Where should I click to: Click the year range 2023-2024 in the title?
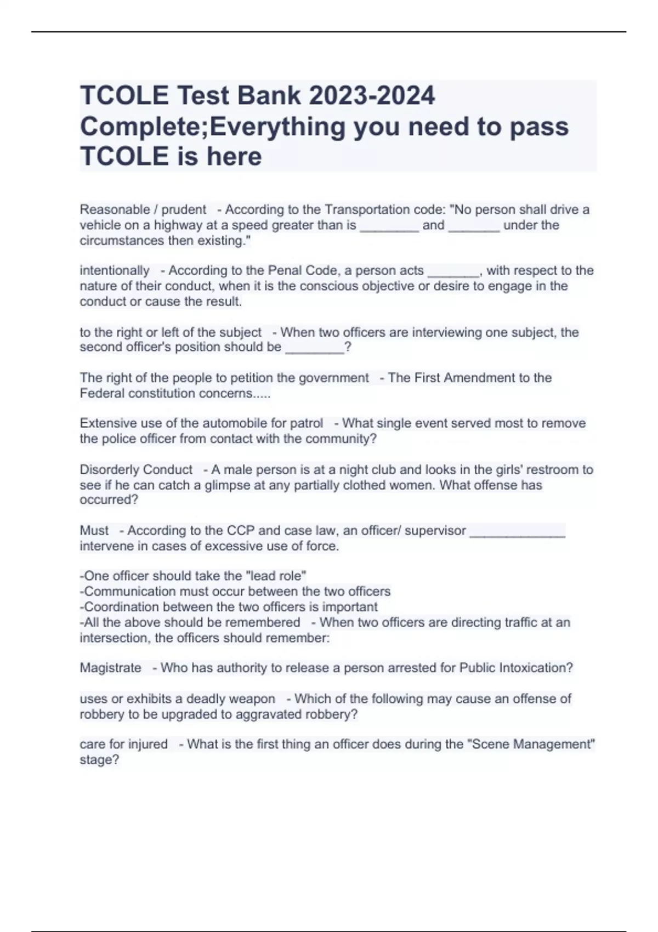pos(372,95)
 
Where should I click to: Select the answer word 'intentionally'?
pos(115,270)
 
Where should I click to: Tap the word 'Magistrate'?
pos(110,668)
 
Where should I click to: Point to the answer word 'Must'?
pos(94,530)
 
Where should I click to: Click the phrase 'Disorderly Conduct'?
pos(136,469)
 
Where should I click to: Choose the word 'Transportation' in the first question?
pos(363,209)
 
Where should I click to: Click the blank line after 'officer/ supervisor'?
pos(517,532)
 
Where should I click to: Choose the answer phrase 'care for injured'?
pos(123,744)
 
